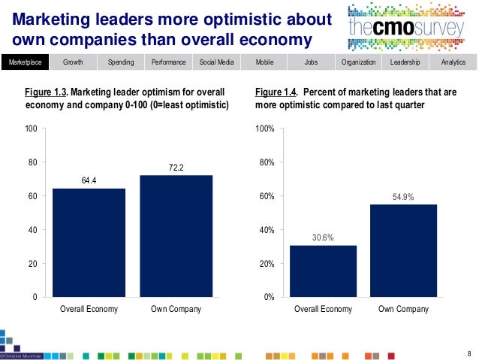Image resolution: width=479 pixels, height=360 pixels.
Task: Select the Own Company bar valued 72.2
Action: pyautogui.click(x=176, y=236)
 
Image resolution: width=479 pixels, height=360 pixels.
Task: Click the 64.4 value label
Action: pyautogui.click(x=89, y=180)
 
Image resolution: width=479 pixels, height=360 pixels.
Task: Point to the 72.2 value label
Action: pyautogui.click(x=176, y=168)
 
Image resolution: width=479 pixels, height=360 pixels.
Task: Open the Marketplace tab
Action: pyautogui.click(x=25, y=62)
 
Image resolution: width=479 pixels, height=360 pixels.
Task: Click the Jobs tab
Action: pyautogui.click(x=310, y=62)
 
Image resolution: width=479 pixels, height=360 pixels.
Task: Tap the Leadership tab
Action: pyautogui.click(x=405, y=62)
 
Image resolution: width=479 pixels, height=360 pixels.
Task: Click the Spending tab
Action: pyautogui.click(x=121, y=62)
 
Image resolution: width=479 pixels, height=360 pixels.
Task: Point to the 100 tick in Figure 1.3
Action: pyautogui.click(x=32, y=129)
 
